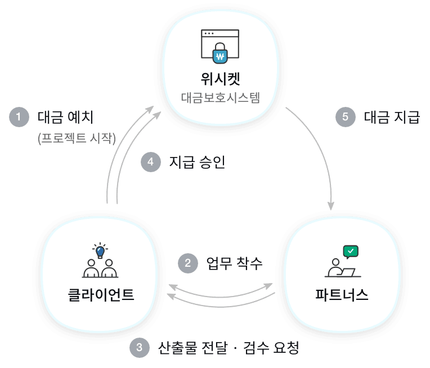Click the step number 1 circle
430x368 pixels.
coord(19,117)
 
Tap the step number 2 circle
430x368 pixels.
coord(188,263)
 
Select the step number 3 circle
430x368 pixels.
coord(139,347)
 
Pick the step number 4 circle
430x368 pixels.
coord(150,162)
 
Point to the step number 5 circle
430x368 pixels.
coord(345,117)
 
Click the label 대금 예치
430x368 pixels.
coord(65,117)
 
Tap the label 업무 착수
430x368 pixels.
coord(234,263)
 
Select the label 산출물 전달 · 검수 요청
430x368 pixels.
coord(228,347)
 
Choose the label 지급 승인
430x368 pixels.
coord(197,162)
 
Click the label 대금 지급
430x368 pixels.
coord(392,117)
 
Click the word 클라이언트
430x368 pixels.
coord(99,294)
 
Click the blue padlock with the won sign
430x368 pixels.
coord(220,55)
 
